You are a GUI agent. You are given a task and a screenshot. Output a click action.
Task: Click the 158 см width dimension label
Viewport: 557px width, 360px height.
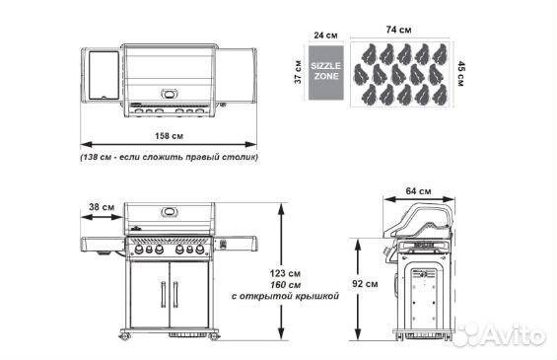coord(169,136)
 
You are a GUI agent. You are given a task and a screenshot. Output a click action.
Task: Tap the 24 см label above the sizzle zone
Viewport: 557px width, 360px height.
coord(325,36)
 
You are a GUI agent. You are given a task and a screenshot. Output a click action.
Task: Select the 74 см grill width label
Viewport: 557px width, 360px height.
coord(398,30)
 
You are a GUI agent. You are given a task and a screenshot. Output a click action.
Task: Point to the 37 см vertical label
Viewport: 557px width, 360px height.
coord(298,72)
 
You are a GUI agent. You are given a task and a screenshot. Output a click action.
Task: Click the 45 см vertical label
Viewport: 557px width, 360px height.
coord(460,74)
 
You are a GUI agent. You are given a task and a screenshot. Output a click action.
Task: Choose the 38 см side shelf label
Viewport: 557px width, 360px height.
coord(102,207)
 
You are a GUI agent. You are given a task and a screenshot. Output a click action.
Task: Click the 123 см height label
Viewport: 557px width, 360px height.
coord(285,273)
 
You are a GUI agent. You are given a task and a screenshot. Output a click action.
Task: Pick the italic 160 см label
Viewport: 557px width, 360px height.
coord(285,285)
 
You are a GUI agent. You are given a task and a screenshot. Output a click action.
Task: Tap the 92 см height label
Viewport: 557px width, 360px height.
coord(365,284)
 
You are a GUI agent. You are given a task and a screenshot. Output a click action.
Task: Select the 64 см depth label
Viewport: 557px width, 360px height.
coord(418,191)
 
